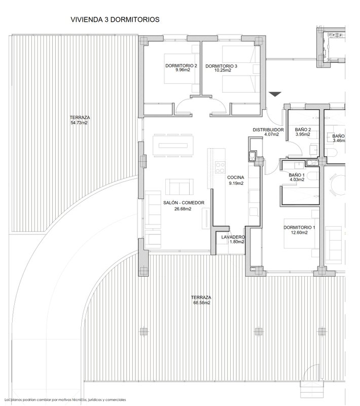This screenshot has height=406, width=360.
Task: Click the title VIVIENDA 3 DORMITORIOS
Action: (x=115, y=19)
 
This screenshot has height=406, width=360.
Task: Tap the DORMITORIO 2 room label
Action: (x=182, y=66)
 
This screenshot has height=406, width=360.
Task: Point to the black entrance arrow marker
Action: (x=275, y=94)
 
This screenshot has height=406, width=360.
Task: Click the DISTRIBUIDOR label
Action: (x=268, y=130)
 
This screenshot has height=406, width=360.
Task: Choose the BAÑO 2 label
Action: (x=303, y=129)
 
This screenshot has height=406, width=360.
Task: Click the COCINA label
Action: (x=236, y=177)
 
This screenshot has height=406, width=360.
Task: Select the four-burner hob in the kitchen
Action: (x=220, y=167)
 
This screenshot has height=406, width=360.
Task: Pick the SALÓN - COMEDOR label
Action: (x=184, y=202)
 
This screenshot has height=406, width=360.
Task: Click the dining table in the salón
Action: (x=173, y=146)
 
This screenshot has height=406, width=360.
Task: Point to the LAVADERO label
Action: (x=233, y=237)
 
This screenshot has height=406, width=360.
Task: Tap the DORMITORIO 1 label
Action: (x=299, y=227)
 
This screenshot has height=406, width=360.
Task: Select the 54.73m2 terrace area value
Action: (x=79, y=123)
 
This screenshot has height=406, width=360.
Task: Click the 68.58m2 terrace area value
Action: (x=202, y=302)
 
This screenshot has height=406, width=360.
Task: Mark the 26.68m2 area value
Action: (x=183, y=209)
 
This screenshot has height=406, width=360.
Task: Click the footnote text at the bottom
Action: (x=65, y=400)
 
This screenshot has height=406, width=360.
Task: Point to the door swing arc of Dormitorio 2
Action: (x=183, y=101)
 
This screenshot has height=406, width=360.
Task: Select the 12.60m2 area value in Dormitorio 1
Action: (x=299, y=232)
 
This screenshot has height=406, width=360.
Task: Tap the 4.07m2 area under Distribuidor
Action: (x=272, y=134)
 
